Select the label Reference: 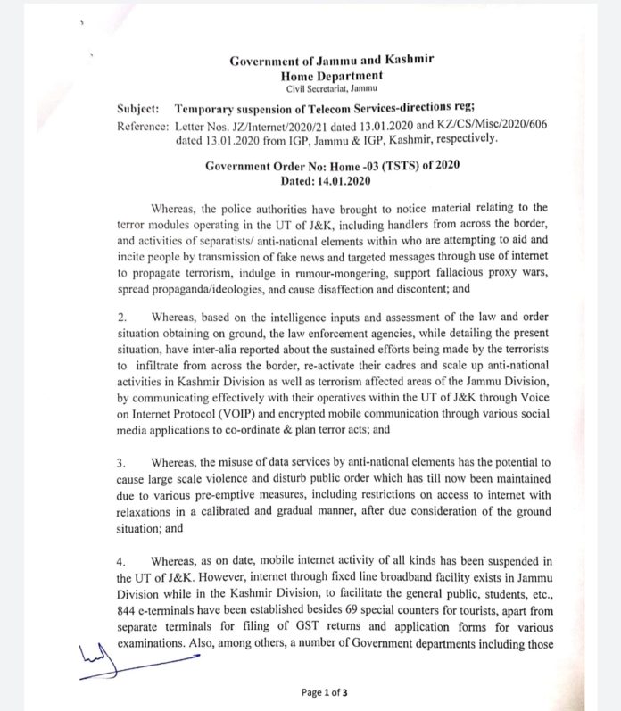tap(145, 126)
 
